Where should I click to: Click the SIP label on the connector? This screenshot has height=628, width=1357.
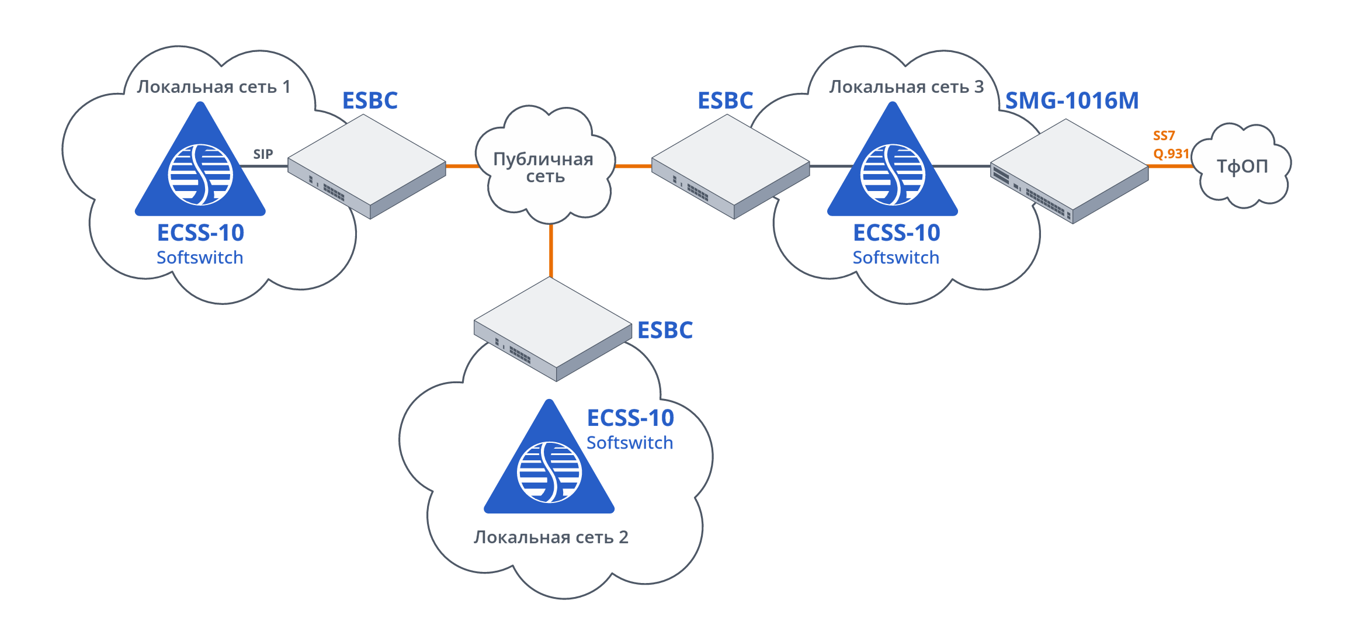pos(263,154)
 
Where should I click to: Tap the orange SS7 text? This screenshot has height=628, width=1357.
pos(1164,136)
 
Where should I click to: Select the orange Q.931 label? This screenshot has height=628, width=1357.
pos(1171,154)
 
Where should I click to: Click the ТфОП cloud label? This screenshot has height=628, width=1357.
pos(1242,166)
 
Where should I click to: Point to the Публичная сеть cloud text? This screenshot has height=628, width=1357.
pos(544,168)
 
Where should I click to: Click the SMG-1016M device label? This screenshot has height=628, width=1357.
pos(1072,100)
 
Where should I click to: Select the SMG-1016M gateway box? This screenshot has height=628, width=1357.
pos(1069,170)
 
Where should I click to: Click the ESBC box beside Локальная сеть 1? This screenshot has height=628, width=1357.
pos(367,166)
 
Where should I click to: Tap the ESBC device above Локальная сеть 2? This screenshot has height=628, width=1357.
pos(553,328)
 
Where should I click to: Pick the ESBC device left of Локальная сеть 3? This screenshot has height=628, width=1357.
pos(730,166)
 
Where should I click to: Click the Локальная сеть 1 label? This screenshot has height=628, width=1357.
pos(213,87)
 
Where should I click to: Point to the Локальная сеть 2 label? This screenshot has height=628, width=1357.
pos(550,537)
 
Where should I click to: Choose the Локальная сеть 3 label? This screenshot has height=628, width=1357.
pos(906,87)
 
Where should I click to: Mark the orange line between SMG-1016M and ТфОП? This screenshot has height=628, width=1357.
pos(1170,166)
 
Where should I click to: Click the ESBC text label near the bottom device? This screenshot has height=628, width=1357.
pos(665,331)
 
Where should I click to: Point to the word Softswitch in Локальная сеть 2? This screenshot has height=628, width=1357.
pos(630,443)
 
